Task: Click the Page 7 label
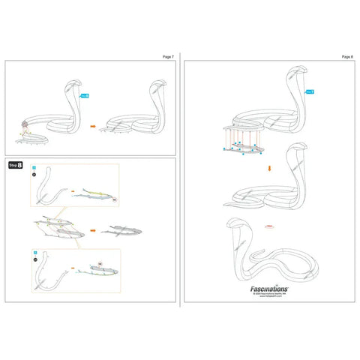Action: pos(168,56)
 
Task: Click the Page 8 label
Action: pos(346,56)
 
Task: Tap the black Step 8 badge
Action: pos(15,164)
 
